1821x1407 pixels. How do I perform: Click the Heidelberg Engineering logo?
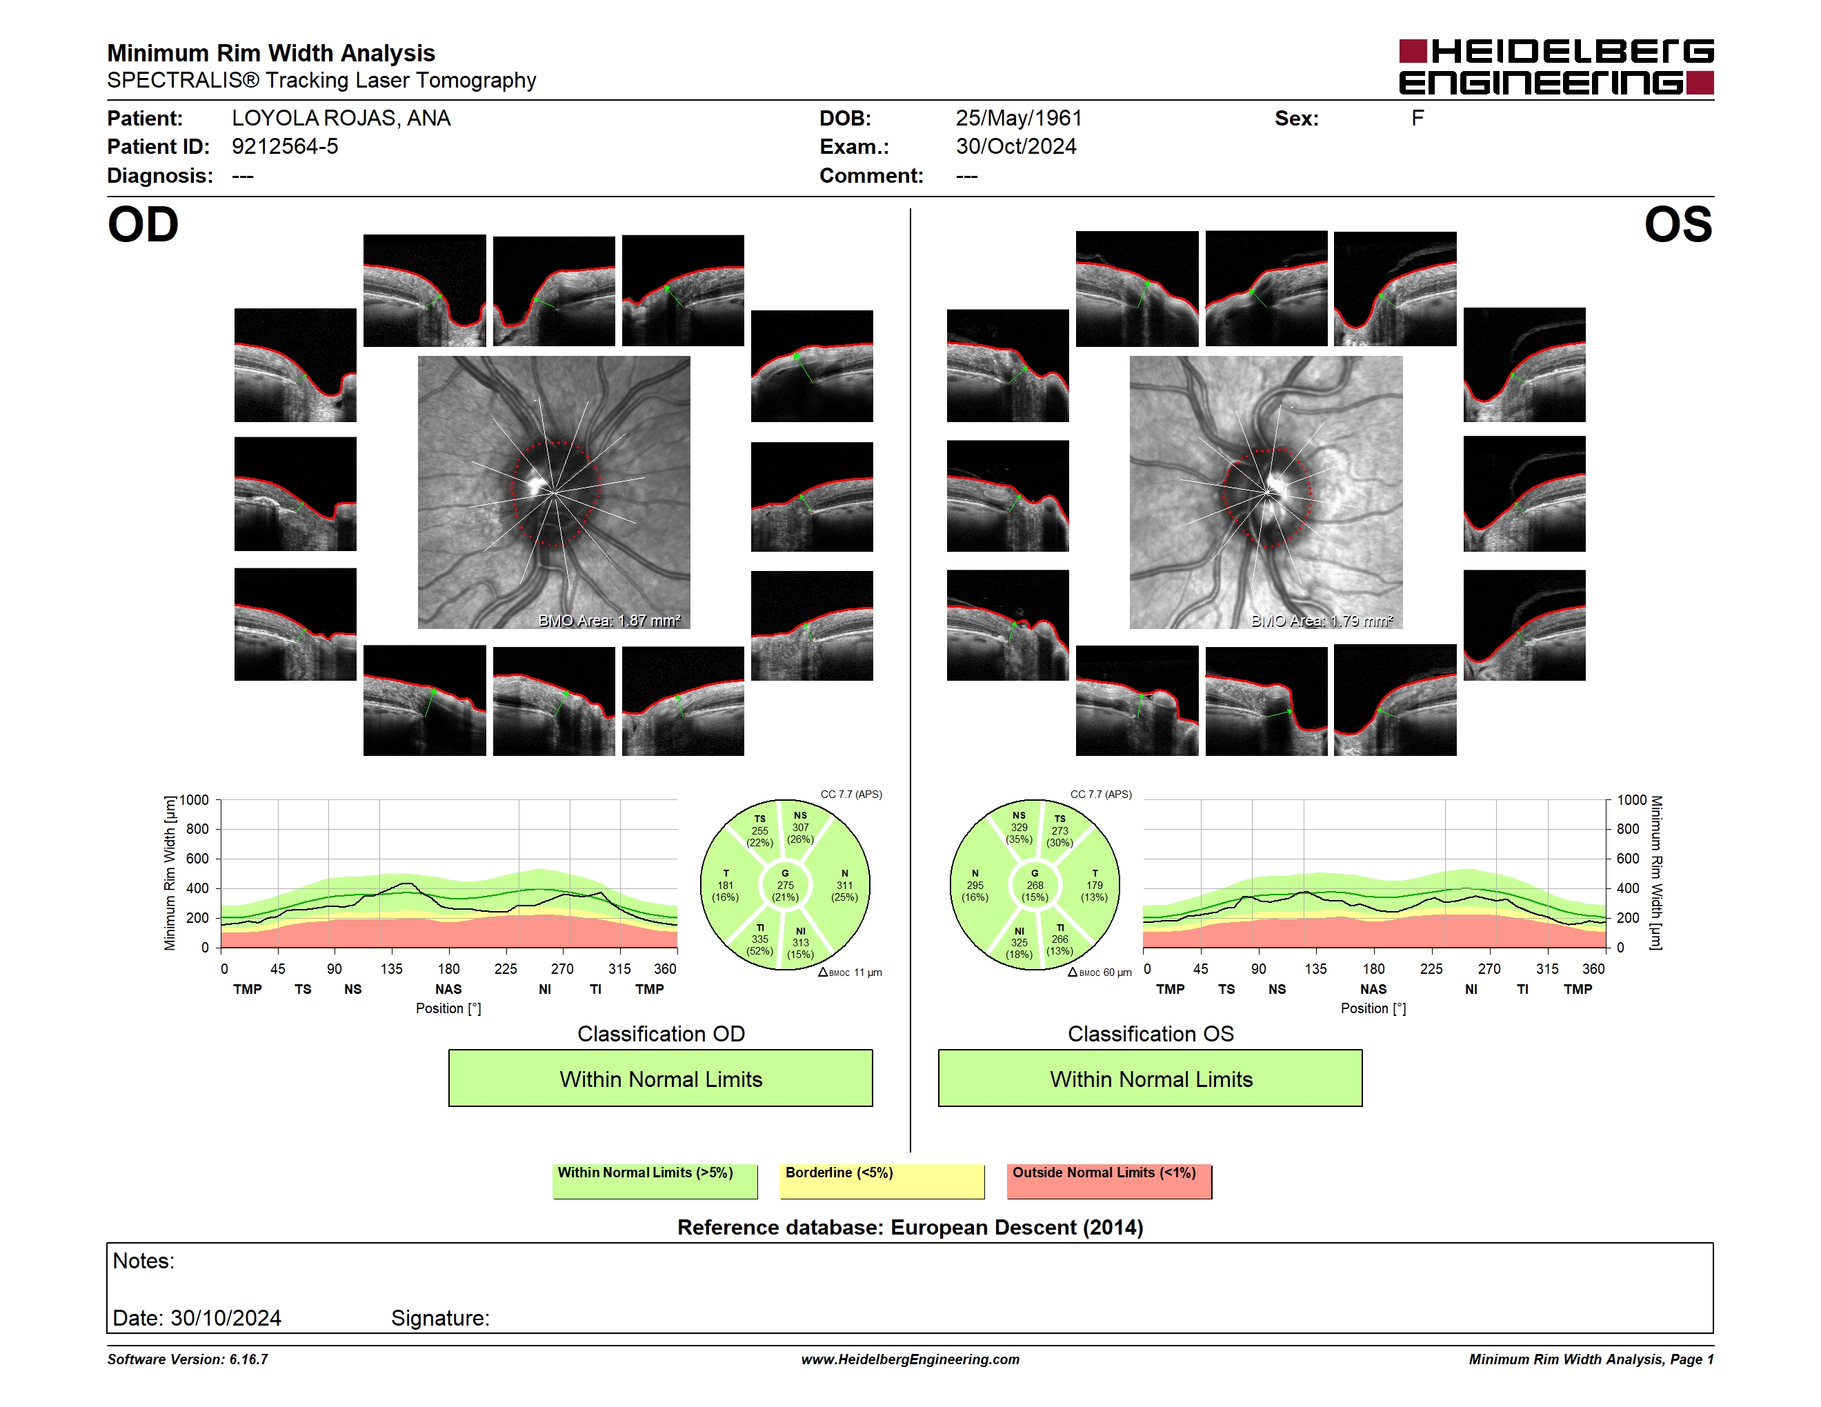tap(1556, 67)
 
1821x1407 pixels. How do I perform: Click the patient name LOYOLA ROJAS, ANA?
tap(341, 119)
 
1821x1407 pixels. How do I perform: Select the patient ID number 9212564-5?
tap(285, 147)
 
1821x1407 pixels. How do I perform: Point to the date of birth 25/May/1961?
tap(1019, 119)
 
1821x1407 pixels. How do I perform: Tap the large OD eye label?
tap(143, 224)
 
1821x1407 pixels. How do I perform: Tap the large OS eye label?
tap(1678, 224)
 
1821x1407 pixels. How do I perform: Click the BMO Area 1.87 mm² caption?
tap(610, 620)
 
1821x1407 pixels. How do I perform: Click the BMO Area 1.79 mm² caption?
tap(1322, 620)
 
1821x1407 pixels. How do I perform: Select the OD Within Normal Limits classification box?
tap(660, 1078)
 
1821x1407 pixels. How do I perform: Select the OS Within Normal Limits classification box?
tap(1151, 1078)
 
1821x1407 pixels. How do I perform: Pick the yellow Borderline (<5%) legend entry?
tap(882, 1181)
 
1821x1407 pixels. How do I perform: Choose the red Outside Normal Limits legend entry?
tap(1109, 1181)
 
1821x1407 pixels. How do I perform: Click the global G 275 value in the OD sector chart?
tap(786, 885)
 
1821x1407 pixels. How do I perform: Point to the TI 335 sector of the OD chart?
tap(759, 939)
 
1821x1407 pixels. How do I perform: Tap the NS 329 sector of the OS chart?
tap(1019, 828)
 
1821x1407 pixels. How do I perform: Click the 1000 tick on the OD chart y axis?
tap(193, 800)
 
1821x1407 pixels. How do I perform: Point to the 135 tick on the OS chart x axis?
tap(1315, 968)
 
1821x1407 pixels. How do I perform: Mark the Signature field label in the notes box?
tap(440, 1318)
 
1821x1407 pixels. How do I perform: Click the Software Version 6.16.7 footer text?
tap(188, 1359)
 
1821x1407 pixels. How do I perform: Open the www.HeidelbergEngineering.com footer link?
tap(910, 1359)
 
